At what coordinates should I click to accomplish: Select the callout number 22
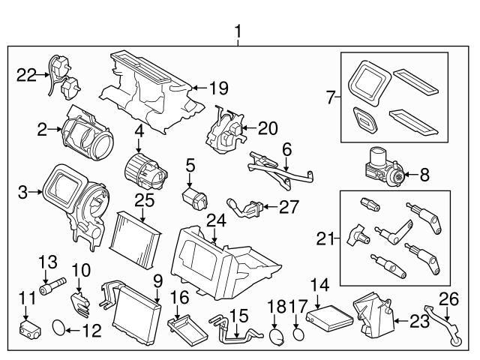coord(26,73)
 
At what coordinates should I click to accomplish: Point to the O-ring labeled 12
coord(60,328)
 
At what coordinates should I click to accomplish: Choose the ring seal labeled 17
coord(298,331)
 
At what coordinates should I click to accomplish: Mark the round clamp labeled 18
coord(277,334)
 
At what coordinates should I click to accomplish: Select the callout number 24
coord(216,222)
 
